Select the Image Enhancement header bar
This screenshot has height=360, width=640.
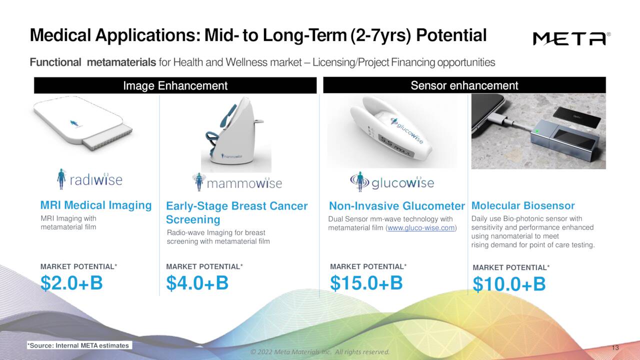[x=175, y=85]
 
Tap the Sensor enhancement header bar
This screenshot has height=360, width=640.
[x=464, y=85]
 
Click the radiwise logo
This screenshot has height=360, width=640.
[x=90, y=179]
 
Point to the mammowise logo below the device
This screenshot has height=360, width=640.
[x=237, y=182]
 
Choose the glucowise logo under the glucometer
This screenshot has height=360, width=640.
[x=392, y=182]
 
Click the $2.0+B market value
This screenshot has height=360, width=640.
[x=71, y=283]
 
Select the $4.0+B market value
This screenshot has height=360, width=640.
[x=197, y=283]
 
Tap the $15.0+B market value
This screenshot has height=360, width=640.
[x=366, y=282]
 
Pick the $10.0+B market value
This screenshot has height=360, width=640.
[x=509, y=284]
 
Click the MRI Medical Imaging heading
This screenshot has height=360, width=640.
[x=95, y=205]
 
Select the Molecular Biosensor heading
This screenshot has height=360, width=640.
[x=523, y=205]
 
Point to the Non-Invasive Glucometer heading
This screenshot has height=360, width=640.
[x=397, y=206]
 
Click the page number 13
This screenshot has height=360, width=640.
[x=615, y=348]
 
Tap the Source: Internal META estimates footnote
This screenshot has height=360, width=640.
[x=78, y=345]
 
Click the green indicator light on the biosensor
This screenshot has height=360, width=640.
[x=536, y=131]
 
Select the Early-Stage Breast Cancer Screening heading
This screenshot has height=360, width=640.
[x=236, y=212]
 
